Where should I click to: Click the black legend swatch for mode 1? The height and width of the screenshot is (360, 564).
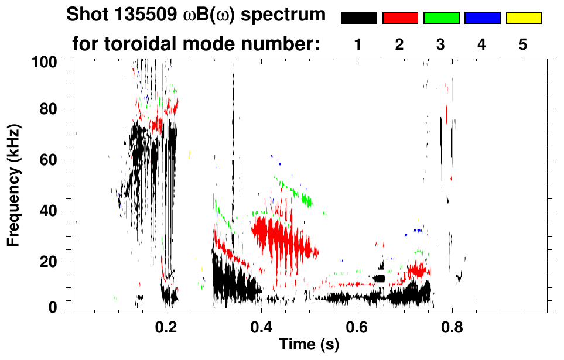(x=358, y=18)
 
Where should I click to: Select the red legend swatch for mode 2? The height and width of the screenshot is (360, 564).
(x=399, y=18)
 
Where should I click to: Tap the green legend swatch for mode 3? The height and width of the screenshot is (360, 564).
(x=441, y=18)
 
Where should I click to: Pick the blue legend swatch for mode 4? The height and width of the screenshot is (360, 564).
(x=482, y=18)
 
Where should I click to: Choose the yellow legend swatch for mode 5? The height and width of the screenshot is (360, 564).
(x=523, y=18)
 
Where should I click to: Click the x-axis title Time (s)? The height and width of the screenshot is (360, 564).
(x=309, y=345)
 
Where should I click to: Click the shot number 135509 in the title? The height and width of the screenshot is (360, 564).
(x=142, y=15)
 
